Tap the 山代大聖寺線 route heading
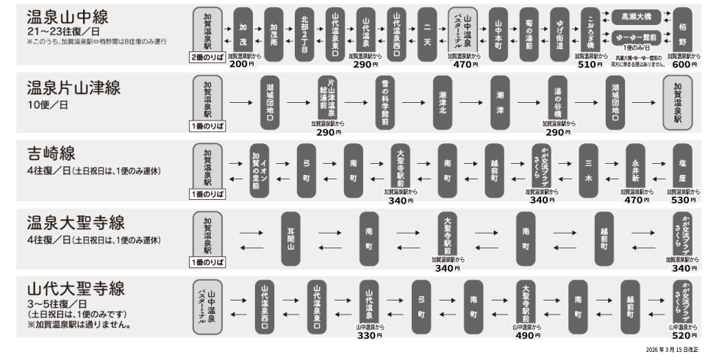coord(75,288)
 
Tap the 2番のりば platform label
coord(209,57)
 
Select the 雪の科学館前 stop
coord(384,102)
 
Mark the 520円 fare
coord(684,336)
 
